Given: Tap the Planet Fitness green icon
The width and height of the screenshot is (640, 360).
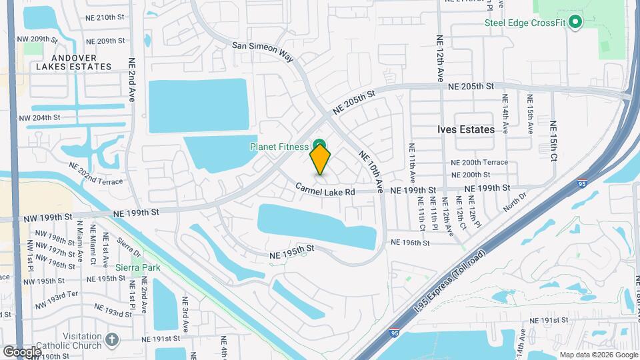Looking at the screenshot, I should pos(320,145).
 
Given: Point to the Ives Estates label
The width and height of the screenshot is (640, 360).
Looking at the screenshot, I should pos(466,129).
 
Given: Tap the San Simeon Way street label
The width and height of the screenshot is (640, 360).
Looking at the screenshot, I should pos(263,53).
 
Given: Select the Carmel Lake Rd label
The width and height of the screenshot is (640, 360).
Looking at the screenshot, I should pos(325,191).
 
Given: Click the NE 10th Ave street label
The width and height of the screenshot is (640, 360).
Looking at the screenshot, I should pos(371,172).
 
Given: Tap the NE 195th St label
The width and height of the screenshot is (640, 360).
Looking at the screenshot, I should pos(291,251).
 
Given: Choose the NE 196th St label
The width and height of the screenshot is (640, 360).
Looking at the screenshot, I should pos(410,243).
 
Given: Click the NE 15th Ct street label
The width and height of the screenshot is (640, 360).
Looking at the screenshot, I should pos(553,141).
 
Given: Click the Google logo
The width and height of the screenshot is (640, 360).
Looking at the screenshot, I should pos(22,351).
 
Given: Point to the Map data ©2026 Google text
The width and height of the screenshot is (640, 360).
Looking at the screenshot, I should pos(597,355).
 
